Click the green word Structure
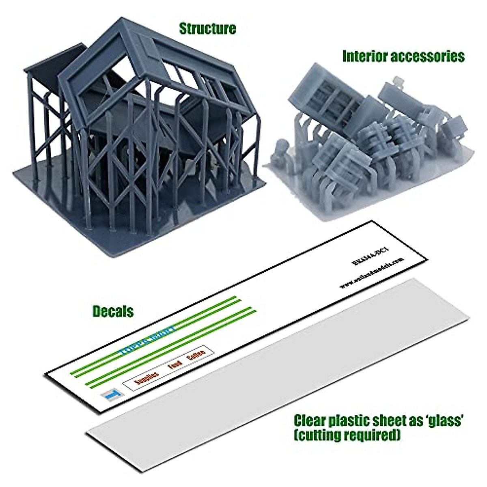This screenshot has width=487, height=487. pyautogui.click(x=207, y=28)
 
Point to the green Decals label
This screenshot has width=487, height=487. pyautogui.click(x=113, y=311)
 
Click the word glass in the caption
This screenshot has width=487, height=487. pyautogui.click(x=443, y=420)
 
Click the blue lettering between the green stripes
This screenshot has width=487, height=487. pyautogui.click(x=148, y=340)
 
